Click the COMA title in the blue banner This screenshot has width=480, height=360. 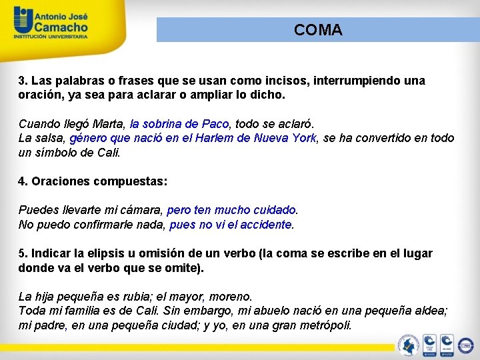[x=318, y=30]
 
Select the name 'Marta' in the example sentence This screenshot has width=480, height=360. [x=108, y=124]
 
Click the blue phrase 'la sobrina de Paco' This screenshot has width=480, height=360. [x=179, y=124]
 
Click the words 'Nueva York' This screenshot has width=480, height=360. [x=288, y=138]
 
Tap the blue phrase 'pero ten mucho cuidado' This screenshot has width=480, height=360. [x=231, y=211]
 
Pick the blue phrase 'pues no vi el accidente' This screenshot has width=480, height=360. [x=231, y=225]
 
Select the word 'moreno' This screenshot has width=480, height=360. [x=232, y=297]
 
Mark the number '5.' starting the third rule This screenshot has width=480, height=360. [x=23, y=253]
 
